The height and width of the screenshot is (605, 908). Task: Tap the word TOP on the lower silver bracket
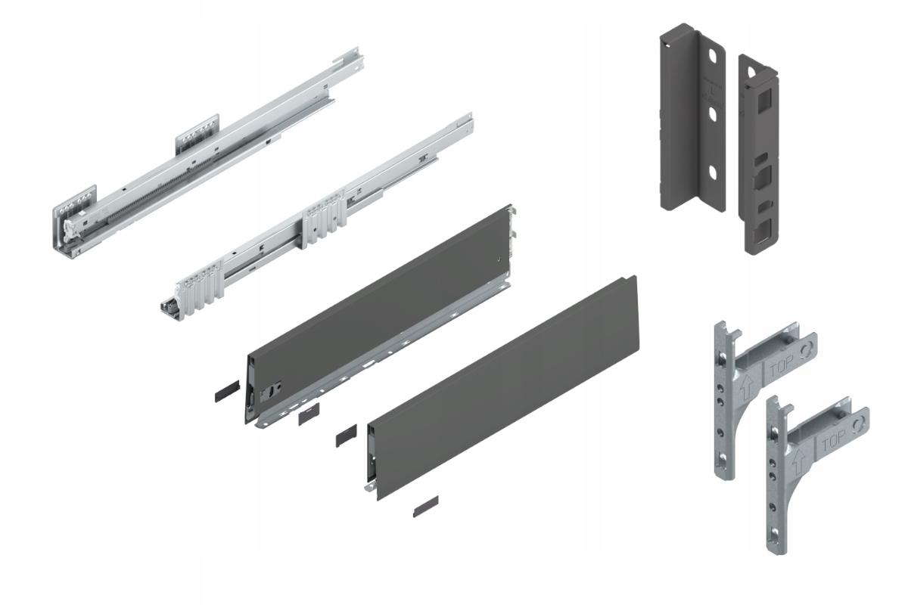pyautogui.click(x=836, y=442)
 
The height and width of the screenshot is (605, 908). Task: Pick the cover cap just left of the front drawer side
pyautogui.click(x=344, y=436)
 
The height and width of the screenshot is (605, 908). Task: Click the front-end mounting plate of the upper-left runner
pyautogui.click(x=75, y=200)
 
